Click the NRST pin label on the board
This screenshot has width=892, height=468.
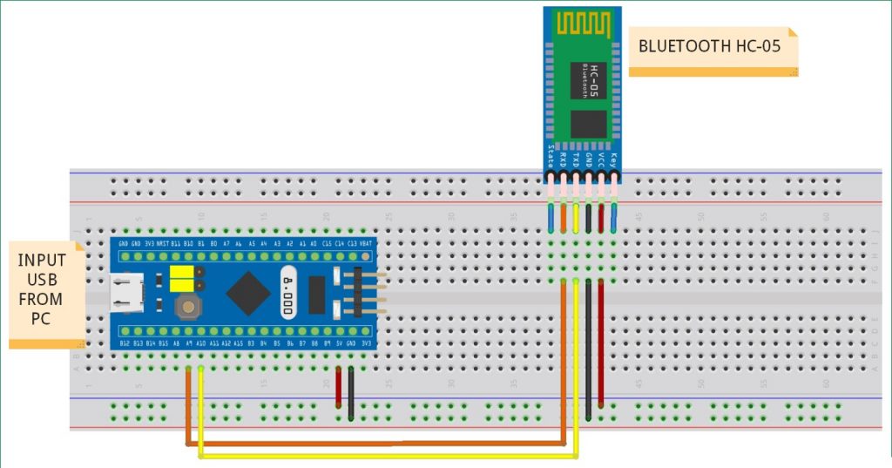(162, 244)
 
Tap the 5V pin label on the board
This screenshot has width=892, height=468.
(339, 344)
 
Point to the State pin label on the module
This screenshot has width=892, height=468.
(551, 156)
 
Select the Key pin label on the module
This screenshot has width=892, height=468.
(614, 159)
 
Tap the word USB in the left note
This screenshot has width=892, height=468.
(42, 280)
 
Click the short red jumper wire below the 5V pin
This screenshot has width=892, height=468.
(339, 388)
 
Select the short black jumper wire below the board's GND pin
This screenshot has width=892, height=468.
(351, 392)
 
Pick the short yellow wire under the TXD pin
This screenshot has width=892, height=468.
(576, 218)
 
